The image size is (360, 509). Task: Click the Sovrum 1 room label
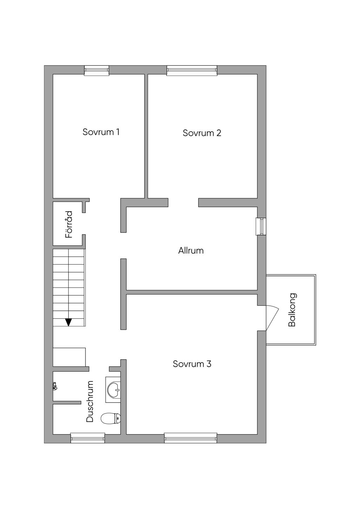(101, 132)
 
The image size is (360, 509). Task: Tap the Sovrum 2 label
(202, 133)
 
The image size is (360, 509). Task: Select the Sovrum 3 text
(192, 364)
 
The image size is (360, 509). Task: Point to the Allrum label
(191, 251)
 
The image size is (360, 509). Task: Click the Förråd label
(69, 225)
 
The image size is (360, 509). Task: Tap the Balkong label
(292, 310)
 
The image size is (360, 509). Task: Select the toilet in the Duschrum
(110, 418)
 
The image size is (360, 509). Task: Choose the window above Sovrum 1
(97, 70)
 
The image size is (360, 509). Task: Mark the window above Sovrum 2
(192, 70)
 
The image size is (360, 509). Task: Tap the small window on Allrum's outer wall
(261, 226)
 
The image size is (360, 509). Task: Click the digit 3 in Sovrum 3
(209, 364)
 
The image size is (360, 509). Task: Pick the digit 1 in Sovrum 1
(118, 132)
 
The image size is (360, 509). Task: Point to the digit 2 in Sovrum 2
(219, 133)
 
